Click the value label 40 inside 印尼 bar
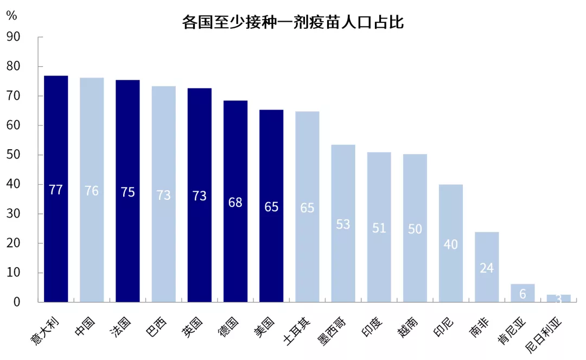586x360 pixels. [x=451, y=244]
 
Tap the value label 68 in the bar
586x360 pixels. [x=235, y=203]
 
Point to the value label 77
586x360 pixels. [x=56, y=190]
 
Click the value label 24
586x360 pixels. [x=487, y=268]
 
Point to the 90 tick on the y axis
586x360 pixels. [x=13, y=37]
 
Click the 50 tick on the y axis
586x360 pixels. [x=13, y=155]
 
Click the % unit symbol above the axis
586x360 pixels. [x=11, y=16]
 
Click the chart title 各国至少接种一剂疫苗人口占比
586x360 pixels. [x=292, y=23]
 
